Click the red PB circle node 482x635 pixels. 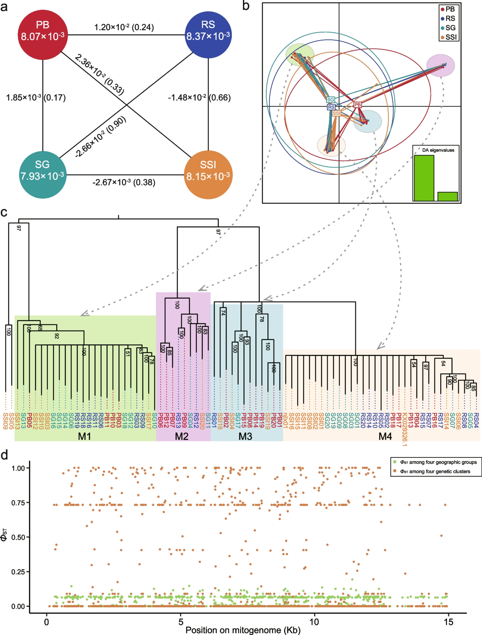coord(43,35)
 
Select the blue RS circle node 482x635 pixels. coord(208,35)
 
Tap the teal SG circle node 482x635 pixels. coord(43,175)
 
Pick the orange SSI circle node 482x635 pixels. coord(208,175)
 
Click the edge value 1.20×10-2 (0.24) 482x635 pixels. coord(124,27)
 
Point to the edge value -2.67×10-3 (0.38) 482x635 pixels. coord(124,182)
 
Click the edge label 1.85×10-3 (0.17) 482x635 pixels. coord(36,98)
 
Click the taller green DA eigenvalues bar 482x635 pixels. coord(424,178)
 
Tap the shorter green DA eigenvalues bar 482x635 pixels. coord(447,196)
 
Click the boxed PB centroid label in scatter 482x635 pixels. coord(357,104)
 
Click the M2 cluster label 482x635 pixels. coord(182,436)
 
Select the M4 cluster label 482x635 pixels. coord(385,436)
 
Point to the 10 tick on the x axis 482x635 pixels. coord(314,622)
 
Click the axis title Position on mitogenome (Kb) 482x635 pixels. coord(243,630)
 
